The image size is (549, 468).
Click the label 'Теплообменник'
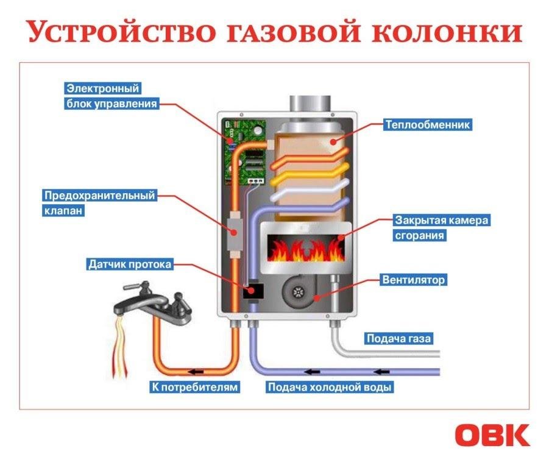428,125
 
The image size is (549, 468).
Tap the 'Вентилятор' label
413,280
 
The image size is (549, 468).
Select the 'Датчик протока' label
130,264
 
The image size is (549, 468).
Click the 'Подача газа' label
401,338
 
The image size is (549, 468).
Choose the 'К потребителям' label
193,387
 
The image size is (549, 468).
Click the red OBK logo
492,435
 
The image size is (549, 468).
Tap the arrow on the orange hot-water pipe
196,370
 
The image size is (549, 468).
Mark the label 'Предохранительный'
99,196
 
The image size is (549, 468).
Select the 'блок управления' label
111,104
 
